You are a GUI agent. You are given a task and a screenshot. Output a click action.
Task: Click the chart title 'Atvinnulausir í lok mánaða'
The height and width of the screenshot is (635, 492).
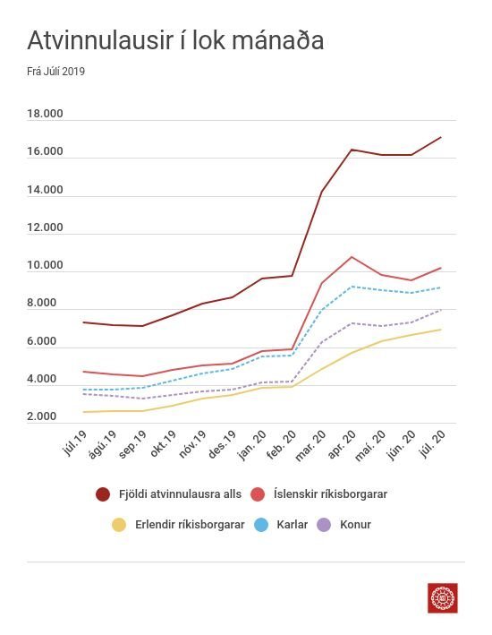click(175, 40)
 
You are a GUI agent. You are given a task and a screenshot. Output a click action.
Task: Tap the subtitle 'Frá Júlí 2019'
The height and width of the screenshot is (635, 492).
click(55, 72)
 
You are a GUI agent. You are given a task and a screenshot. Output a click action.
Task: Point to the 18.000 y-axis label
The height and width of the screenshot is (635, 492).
click(45, 114)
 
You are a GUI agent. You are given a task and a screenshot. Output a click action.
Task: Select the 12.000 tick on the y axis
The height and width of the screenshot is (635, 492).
click(45, 227)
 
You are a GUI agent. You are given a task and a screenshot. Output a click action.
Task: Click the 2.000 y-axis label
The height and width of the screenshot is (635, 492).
click(42, 416)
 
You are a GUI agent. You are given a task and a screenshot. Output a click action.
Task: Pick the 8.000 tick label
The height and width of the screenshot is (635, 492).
click(42, 303)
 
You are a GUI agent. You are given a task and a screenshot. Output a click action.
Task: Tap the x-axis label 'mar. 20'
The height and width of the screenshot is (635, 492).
click(310, 445)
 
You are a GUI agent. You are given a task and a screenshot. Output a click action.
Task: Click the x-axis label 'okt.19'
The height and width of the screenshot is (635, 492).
click(164, 444)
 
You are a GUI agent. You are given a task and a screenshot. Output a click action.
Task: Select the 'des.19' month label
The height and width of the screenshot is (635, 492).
click(222, 444)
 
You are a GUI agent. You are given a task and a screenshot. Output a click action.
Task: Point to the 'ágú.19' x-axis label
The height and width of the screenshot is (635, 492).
click(103, 444)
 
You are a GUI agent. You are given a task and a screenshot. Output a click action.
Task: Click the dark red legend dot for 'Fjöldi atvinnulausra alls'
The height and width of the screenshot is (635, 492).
click(103, 494)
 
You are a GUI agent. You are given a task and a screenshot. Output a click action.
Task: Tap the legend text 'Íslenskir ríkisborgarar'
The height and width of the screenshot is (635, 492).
click(331, 494)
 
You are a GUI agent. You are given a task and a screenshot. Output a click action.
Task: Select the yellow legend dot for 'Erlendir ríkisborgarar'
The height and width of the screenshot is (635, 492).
click(119, 525)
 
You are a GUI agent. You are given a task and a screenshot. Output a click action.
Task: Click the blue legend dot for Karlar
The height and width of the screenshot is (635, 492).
click(261, 525)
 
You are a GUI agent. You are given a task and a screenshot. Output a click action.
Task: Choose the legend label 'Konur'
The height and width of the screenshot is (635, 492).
click(356, 525)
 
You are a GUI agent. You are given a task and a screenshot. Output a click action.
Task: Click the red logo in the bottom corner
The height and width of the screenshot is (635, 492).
click(443, 598)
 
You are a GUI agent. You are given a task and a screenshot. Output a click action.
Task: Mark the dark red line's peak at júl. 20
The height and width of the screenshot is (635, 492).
click(441, 137)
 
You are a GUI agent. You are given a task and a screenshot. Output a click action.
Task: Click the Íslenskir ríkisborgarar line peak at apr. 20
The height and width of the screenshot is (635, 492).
click(352, 257)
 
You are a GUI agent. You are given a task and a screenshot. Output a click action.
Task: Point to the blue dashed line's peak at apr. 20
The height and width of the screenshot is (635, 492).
click(352, 287)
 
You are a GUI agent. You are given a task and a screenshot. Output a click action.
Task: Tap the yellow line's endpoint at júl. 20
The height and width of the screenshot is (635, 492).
click(441, 330)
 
